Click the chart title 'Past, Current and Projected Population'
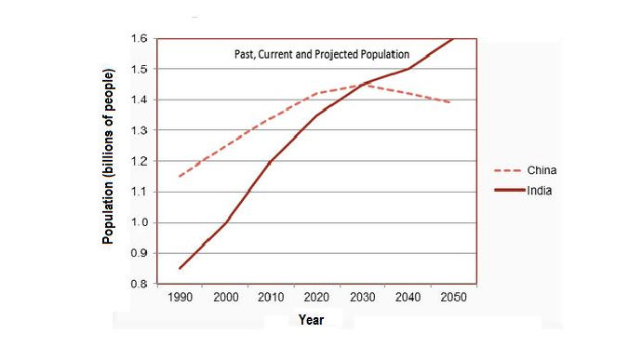click(x=321, y=55)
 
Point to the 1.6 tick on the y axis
click(x=138, y=39)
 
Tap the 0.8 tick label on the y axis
click(x=138, y=284)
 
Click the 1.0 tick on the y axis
click(x=138, y=222)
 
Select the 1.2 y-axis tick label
click(x=138, y=161)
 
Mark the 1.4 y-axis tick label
click(x=138, y=100)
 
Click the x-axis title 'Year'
click(x=312, y=320)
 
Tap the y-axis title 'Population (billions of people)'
click(x=108, y=156)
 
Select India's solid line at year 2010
click(x=271, y=162)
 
